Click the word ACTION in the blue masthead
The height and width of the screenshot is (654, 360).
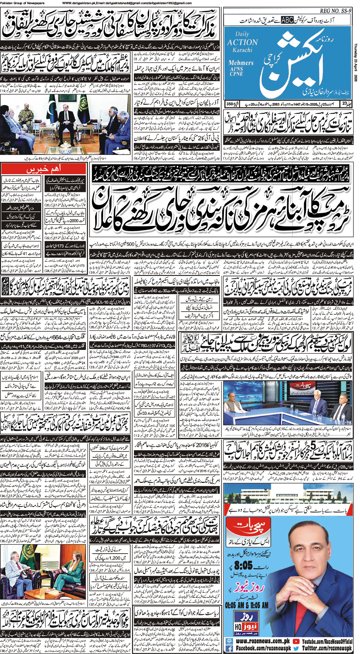242,42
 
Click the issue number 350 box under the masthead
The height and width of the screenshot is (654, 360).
230,104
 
